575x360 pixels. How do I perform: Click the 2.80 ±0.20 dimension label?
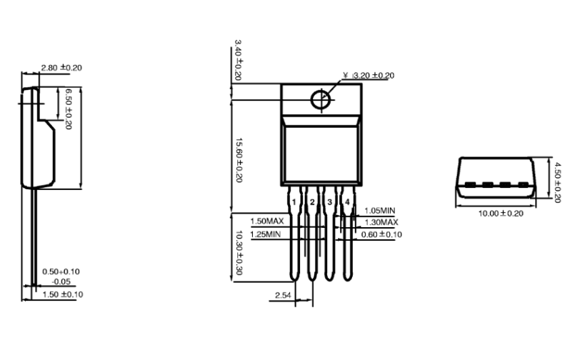(61, 67)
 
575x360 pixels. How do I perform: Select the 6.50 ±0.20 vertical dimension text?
(68, 109)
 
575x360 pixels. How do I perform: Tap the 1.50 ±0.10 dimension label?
(63, 294)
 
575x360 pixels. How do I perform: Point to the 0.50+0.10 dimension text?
(61, 271)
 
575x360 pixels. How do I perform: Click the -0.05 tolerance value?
(61, 281)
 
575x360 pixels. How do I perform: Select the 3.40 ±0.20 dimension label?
(238, 60)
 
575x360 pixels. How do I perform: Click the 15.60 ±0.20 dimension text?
(239, 160)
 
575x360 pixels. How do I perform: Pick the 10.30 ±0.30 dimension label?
(239, 253)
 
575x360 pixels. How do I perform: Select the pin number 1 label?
(294, 202)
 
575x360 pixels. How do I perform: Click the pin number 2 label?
(312, 202)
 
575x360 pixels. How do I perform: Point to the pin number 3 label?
(330, 202)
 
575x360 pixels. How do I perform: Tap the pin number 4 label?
(347, 202)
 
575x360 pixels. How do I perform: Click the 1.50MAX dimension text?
(267, 221)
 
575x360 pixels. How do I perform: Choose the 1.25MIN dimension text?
(266, 234)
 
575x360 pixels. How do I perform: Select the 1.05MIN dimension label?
(380, 211)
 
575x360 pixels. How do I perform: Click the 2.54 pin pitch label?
(283, 295)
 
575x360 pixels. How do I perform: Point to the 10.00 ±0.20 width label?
(501, 214)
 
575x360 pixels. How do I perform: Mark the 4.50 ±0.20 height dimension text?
(557, 183)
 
